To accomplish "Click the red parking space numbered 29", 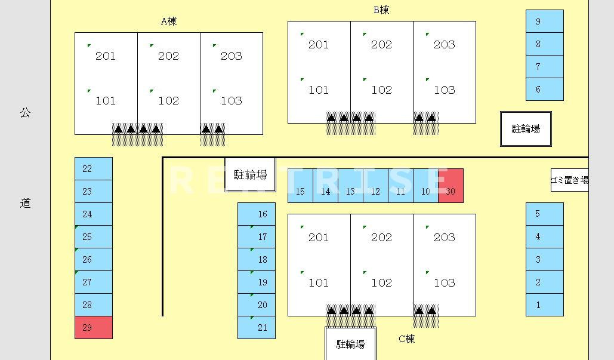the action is click(x=94, y=328).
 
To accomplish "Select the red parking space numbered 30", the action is click(x=451, y=186).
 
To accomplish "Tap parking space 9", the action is click(x=545, y=21).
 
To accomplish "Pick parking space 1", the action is click(x=545, y=304).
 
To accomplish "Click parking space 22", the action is click(x=94, y=169).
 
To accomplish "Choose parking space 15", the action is click(x=300, y=186).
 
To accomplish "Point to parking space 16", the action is click(x=257, y=214).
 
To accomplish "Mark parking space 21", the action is click(x=257, y=328).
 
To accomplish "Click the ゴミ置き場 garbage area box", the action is click(x=570, y=180).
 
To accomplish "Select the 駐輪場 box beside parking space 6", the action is click(x=526, y=129).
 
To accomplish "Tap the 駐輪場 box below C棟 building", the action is click(x=350, y=343).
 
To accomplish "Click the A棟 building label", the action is click(x=169, y=21).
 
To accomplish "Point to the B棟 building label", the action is click(x=381, y=10).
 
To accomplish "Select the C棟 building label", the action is click(x=406, y=339).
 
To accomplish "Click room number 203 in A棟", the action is click(x=232, y=56).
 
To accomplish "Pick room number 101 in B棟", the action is click(x=319, y=90).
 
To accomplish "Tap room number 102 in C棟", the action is click(x=381, y=282).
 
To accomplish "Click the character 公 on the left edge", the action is click(x=25, y=113).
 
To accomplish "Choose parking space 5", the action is click(x=545, y=214).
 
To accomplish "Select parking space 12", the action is click(x=375, y=186).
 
